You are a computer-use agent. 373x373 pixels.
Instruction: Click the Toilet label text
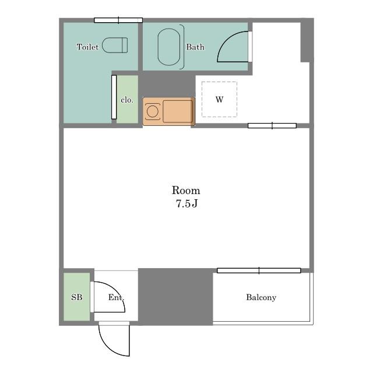coord(87,47)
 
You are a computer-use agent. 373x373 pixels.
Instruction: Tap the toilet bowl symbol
coord(115,45)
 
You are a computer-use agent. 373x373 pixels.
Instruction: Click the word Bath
coord(195,47)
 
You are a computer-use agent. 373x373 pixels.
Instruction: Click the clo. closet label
coord(127,100)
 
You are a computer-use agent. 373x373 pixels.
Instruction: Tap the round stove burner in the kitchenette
coord(153,111)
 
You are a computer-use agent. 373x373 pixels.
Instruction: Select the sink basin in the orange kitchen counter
coord(178,111)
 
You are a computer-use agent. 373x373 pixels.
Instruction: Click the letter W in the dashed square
coord(219,99)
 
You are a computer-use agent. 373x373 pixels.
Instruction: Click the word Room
coord(186,191)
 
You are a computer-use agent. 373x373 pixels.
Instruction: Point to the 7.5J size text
coord(186,203)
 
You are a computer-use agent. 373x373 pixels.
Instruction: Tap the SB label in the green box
coord(77,297)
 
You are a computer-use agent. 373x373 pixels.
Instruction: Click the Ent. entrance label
coord(116,297)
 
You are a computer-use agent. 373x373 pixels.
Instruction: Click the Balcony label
coord(261,297)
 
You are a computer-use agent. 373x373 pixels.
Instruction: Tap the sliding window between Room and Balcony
coord(259,270)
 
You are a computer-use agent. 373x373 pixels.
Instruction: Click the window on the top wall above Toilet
coord(118,20)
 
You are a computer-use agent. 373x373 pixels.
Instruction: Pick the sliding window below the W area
coord(272,126)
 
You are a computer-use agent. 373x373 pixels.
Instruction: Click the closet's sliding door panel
coord(114,97)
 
